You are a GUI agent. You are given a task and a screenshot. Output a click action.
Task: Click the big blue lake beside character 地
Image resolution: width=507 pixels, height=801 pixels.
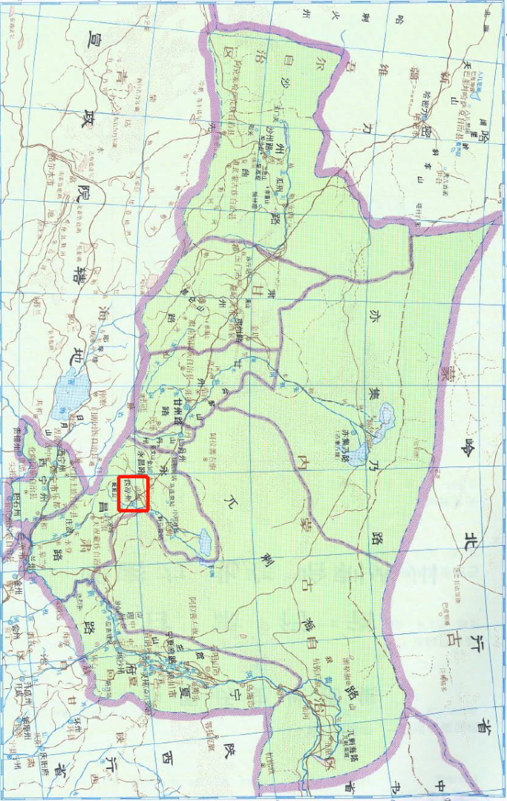tap(70, 393)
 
